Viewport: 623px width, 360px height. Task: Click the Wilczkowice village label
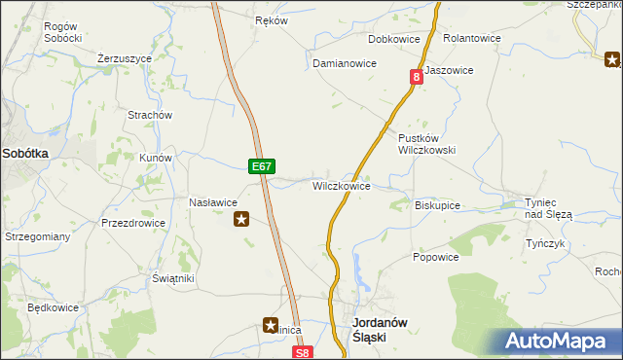point(341,185)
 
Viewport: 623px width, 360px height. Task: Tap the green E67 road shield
point(260,166)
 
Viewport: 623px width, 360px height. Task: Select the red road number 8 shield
point(417,77)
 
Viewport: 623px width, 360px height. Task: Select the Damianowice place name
point(344,62)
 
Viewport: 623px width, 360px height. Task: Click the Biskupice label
point(437,205)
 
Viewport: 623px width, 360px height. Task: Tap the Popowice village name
point(435,257)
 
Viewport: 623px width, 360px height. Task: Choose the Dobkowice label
point(393,39)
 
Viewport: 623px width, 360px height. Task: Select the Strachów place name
point(151,115)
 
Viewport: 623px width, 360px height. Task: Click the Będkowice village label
point(53,307)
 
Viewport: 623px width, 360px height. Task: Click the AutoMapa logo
point(560,342)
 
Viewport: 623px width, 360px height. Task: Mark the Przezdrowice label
point(133,223)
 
